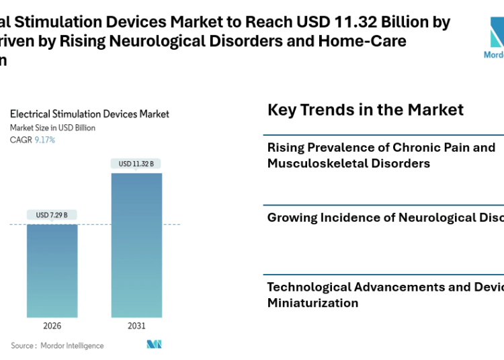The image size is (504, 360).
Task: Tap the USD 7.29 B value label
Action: pos(52,215)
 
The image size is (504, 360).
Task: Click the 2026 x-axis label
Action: pos(52,326)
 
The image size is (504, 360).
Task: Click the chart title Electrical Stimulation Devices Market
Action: pos(89,114)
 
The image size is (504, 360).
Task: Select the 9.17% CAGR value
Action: pos(45,140)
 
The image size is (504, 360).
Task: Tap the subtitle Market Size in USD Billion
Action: pos(52,128)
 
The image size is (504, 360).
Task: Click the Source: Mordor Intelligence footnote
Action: pos(57,346)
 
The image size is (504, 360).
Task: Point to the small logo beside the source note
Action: pos(155,345)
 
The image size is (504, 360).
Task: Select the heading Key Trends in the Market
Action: pos(366,109)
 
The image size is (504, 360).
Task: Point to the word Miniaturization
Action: pos(312,303)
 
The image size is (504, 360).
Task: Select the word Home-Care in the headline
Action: pos(370,41)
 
